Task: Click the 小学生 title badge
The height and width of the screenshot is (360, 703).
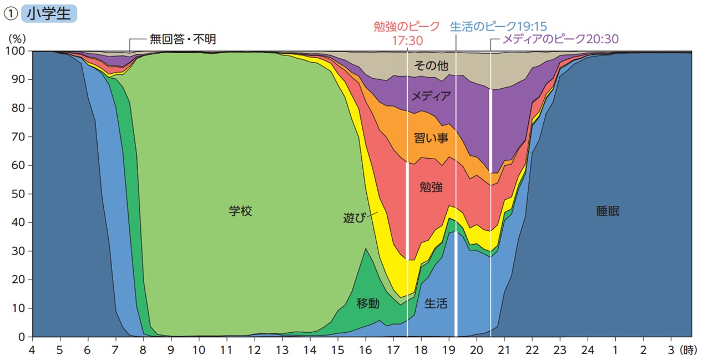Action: (x=49, y=13)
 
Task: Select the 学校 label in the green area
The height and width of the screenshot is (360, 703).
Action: (x=241, y=211)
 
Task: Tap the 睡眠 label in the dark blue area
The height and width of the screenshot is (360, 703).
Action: (x=608, y=211)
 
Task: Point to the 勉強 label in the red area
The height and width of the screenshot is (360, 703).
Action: (x=432, y=187)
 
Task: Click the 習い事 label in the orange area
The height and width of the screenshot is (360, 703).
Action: (x=431, y=138)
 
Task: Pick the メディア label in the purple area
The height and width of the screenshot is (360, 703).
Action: (x=431, y=96)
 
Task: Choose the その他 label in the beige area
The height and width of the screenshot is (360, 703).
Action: (x=431, y=65)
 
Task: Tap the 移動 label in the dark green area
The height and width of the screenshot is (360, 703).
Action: (x=368, y=303)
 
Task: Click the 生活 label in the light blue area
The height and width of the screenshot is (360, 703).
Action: (x=436, y=303)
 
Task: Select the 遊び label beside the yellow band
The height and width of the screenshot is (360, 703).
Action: (x=355, y=217)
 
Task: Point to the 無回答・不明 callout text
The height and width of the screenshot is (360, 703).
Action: (x=183, y=39)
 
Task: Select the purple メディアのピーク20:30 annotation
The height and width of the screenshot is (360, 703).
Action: (x=560, y=39)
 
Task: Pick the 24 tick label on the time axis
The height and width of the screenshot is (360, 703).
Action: (x=588, y=350)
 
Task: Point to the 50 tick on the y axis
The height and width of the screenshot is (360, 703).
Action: (x=18, y=194)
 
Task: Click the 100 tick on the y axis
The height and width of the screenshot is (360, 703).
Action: (x=16, y=51)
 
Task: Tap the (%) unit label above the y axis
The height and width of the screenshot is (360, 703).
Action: (x=16, y=39)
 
